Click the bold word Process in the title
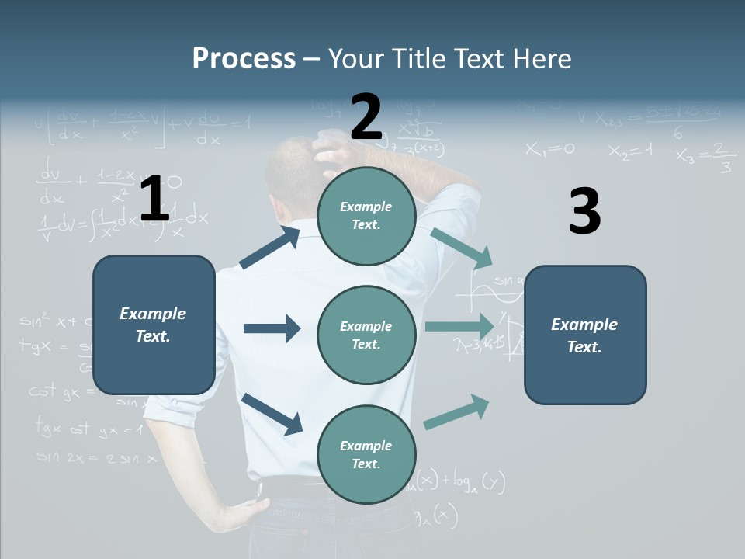point(244,59)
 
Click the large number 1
point(154,200)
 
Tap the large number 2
point(366,118)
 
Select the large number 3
point(584,213)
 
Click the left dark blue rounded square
point(154,325)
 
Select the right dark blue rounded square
point(585,335)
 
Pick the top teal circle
point(366,216)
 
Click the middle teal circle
point(366,335)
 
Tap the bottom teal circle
point(366,455)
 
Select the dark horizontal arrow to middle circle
point(272,328)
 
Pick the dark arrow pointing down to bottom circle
point(272,413)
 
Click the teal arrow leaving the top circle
point(462,248)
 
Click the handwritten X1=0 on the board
point(549,149)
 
